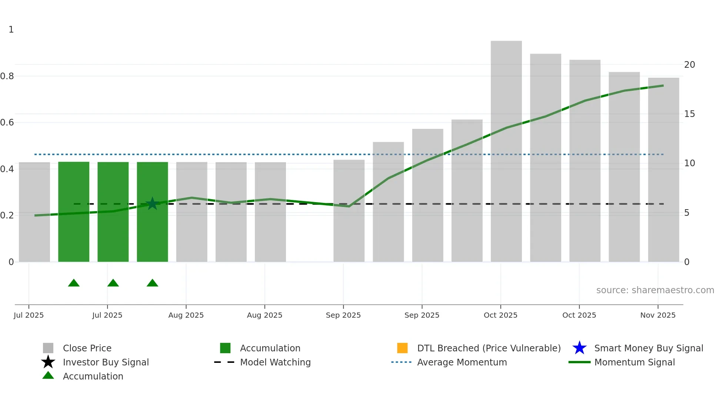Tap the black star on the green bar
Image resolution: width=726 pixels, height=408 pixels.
click(152, 204)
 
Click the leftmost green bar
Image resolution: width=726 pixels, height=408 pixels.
click(74, 211)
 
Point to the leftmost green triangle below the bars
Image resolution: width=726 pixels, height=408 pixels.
click(74, 283)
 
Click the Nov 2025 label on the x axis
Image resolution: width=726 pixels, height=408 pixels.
click(658, 315)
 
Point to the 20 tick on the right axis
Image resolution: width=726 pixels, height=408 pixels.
click(689, 65)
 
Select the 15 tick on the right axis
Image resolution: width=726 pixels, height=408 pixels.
click(689, 114)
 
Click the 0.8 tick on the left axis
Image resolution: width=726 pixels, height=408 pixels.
click(7, 76)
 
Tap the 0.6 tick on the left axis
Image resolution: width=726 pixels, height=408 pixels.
click(7, 123)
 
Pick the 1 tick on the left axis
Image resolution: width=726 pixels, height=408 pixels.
click(11, 30)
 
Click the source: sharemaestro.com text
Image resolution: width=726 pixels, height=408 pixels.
click(655, 290)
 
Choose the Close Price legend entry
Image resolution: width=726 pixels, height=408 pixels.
click(87, 348)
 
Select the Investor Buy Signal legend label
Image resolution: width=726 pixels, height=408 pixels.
click(106, 362)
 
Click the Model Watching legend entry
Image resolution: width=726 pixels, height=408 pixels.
click(275, 362)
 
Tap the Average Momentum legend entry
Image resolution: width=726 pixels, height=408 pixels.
click(462, 362)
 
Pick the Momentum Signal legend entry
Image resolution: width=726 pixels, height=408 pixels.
click(635, 362)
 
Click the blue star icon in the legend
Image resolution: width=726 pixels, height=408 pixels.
click(579, 348)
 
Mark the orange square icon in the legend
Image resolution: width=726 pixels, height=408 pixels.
click(402, 348)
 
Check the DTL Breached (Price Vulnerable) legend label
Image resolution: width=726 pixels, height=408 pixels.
click(489, 348)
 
